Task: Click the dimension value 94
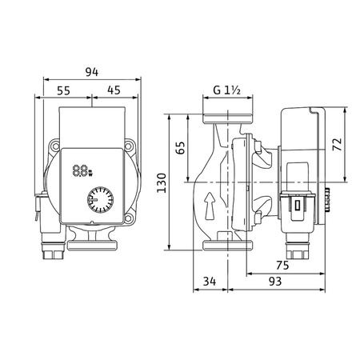[x=92, y=72]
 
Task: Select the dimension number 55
[x=64, y=90]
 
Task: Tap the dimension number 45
[x=114, y=90]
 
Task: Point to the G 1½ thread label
[x=227, y=90]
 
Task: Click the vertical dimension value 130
[x=162, y=183]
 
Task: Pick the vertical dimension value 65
[x=181, y=148]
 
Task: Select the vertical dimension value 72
[x=338, y=144]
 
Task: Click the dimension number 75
[x=282, y=265]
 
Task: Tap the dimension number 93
[x=275, y=281]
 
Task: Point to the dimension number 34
[x=210, y=281]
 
